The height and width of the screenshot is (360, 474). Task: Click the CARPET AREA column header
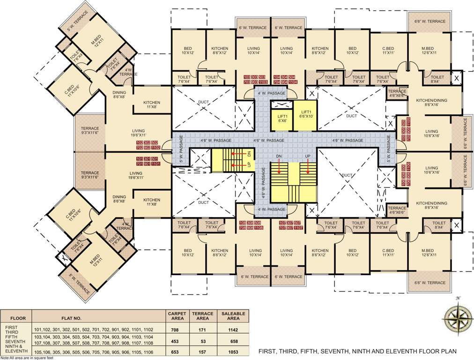click(177, 316)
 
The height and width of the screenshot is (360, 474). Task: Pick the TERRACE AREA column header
click(203, 316)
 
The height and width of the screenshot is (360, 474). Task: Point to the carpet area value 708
click(177, 330)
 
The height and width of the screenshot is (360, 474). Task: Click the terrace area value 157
click(203, 352)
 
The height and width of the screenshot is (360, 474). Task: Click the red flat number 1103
click(263, 82)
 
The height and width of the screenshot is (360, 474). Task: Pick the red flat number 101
click(140, 159)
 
